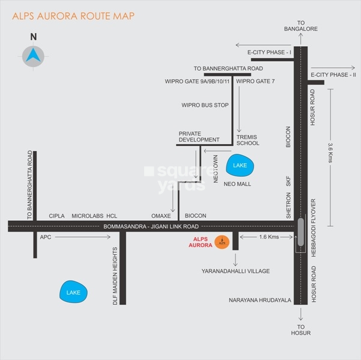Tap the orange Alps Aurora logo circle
221,243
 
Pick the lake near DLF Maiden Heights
74,293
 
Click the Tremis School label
248,140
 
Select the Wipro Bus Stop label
205,105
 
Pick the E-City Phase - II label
333,75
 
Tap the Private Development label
198,137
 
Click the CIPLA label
57,215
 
